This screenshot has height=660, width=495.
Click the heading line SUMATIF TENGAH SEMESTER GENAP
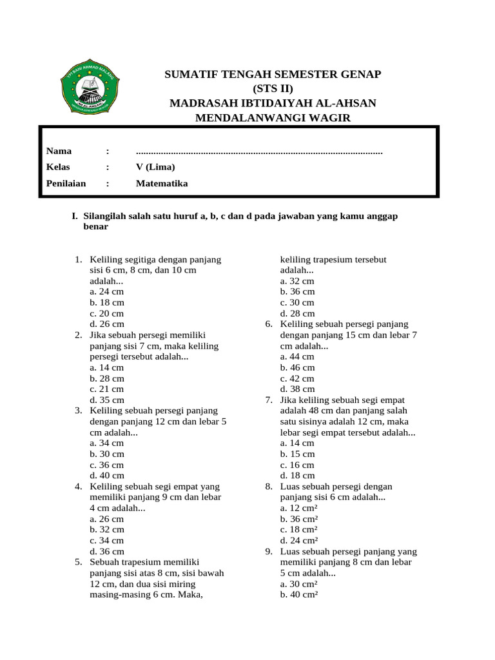click(x=273, y=75)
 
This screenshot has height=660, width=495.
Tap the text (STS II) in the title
click(x=273, y=89)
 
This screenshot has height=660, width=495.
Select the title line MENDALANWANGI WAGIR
click(x=273, y=117)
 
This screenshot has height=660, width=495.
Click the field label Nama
click(x=59, y=151)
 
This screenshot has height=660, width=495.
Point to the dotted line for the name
click(x=259, y=152)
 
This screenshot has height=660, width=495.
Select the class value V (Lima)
click(x=155, y=167)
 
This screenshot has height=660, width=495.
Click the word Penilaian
click(x=66, y=183)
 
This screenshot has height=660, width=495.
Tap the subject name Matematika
click(x=162, y=183)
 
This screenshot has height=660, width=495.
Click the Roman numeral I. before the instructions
click(x=75, y=216)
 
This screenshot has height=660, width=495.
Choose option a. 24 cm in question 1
click(x=107, y=291)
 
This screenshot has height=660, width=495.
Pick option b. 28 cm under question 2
click(x=107, y=378)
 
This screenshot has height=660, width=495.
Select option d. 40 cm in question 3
click(x=107, y=476)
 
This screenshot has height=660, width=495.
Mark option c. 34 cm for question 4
click(x=107, y=540)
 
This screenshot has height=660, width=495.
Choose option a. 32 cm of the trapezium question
click(x=297, y=281)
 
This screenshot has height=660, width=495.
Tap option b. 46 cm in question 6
click(x=297, y=367)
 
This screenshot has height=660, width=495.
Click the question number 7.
click(x=269, y=400)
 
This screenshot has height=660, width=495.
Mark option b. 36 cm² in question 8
click(x=299, y=519)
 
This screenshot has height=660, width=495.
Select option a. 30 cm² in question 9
click(x=299, y=584)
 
